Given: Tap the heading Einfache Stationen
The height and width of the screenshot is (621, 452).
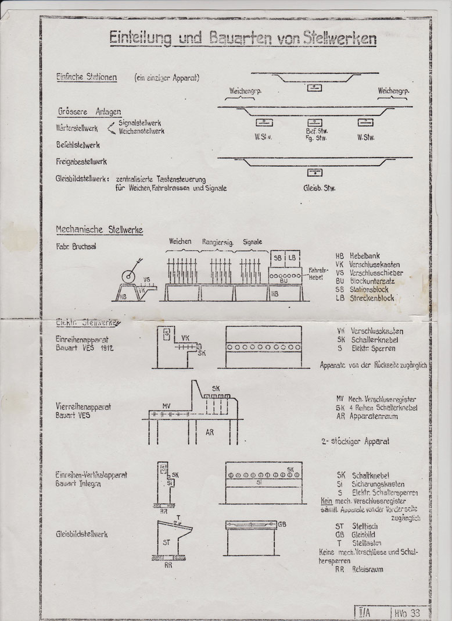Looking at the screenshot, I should (87, 77).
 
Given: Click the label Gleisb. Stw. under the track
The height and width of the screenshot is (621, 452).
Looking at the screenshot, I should (319, 188).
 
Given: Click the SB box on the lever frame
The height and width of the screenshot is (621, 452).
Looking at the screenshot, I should (278, 257).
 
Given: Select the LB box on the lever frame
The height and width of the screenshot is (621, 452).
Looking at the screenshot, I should (293, 257).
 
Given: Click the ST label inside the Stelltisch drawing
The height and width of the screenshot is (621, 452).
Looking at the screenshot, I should (167, 543).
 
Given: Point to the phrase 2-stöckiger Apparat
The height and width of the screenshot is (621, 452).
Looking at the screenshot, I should (355, 441).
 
